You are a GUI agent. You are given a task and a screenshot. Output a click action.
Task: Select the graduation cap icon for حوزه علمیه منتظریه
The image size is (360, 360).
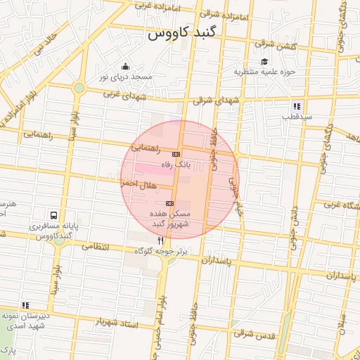[264, 62]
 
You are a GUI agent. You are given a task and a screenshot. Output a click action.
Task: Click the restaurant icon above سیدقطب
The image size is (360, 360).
[297, 106]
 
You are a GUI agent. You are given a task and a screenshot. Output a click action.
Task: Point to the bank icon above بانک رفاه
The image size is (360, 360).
[176, 154]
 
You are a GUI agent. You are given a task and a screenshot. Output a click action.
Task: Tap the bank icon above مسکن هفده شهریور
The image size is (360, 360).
[169, 202]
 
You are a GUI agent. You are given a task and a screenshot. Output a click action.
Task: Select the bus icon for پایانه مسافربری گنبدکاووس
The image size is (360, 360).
[54, 216]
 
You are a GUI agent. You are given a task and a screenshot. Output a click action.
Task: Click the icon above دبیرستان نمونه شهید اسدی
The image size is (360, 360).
[26, 305]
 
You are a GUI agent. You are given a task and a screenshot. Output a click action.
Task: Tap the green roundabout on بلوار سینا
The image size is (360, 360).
[79, 88]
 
